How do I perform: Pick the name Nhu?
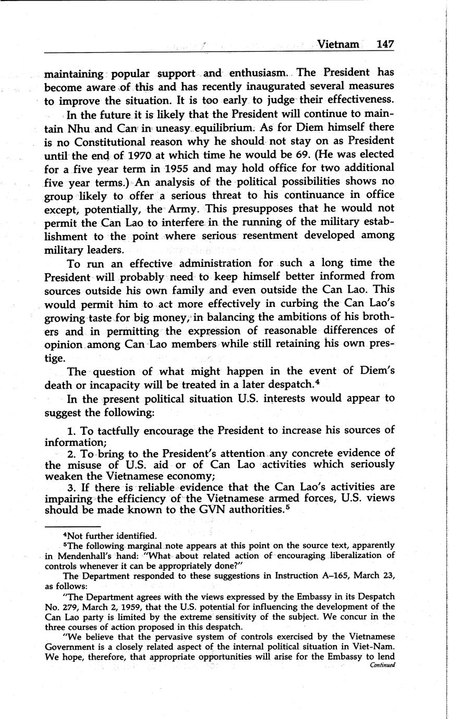click(78, 128)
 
